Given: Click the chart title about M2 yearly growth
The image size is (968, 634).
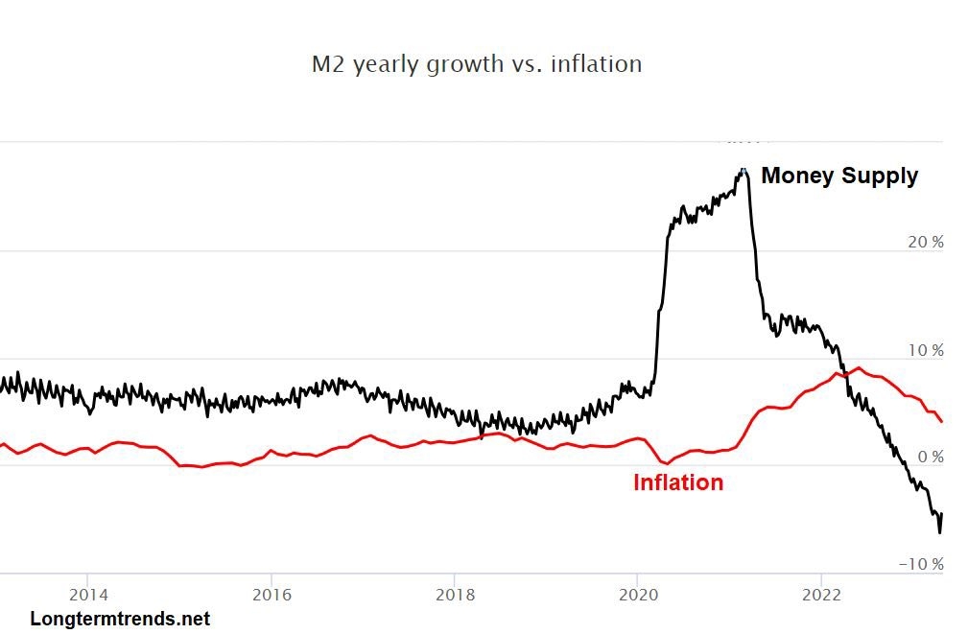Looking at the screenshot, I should point(477,64).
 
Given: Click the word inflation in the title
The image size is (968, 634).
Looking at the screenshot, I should point(596,64).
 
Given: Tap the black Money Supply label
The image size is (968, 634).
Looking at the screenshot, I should point(839,176).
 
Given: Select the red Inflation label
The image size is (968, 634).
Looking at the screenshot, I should point(677,482).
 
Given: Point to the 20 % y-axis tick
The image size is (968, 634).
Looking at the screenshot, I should point(925,243).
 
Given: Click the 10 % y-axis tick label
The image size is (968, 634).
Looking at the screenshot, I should point(925,350).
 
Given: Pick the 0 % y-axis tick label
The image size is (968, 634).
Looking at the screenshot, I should point(930,458).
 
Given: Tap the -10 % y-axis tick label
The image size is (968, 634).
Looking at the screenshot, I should point(921,564).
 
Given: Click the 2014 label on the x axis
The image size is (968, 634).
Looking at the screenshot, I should point(87,593).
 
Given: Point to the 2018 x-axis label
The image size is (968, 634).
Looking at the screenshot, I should point(455,593).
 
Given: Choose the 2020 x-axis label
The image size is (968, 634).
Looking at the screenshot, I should point(637,593).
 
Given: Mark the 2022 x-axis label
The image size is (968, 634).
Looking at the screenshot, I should point(821,593).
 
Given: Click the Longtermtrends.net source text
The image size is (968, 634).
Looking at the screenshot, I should point(120,620).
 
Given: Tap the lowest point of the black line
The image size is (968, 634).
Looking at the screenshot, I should point(939,531).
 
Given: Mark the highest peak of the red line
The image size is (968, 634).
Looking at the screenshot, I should point(859,367).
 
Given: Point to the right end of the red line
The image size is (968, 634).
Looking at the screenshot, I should point(942,421).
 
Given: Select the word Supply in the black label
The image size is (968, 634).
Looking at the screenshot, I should point(880,176).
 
